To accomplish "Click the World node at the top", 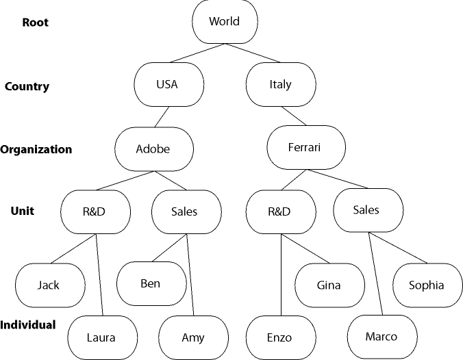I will [225, 21].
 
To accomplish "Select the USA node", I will [167, 84].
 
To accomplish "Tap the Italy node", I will [280, 84].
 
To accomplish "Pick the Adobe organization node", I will [153, 149].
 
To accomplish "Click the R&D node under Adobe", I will [96, 211].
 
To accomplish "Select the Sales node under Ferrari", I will [366, 210].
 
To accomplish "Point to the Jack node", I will [49, 285].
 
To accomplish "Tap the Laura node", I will [101, 337].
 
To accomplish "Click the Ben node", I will [150, 283].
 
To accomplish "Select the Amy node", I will [192, 337].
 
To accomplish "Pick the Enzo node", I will [279, 337].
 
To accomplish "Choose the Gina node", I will [329, 285].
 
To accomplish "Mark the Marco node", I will [381, 336].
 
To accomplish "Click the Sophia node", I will [426, 285].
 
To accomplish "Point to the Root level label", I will [35, 22].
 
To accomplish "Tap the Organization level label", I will [36, 149].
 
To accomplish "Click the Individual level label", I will [28, 324].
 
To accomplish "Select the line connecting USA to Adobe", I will [161, 117].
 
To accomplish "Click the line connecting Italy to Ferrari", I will [292, 116].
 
